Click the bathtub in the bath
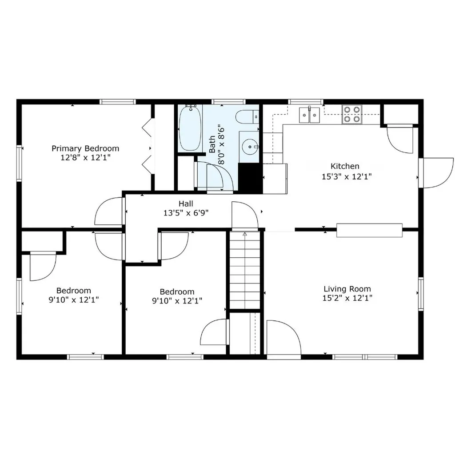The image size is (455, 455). (x=190, y=128)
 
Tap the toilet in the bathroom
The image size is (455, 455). (x=247, y=117)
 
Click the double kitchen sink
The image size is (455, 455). (x=309, y=115)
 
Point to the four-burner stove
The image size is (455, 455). (x=352, y=114)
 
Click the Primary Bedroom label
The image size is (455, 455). (x=85, y=148)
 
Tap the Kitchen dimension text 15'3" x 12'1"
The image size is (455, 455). (x=347, y=176)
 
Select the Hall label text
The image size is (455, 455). (x=186, y=204)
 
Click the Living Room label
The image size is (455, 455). (x=347, y=289)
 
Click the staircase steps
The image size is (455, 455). (x=245, y=270)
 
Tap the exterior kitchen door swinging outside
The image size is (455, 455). (x=436, y=173)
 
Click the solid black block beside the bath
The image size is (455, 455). (x=250, y=178)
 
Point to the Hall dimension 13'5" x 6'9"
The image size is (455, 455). (x=186, y=213)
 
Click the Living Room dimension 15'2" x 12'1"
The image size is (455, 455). (x=347, y=298)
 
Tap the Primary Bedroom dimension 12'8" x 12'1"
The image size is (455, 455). (x=86, y=158)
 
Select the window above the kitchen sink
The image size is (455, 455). (x=306, y=102)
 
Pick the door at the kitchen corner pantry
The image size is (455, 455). (x=400, y=139)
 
